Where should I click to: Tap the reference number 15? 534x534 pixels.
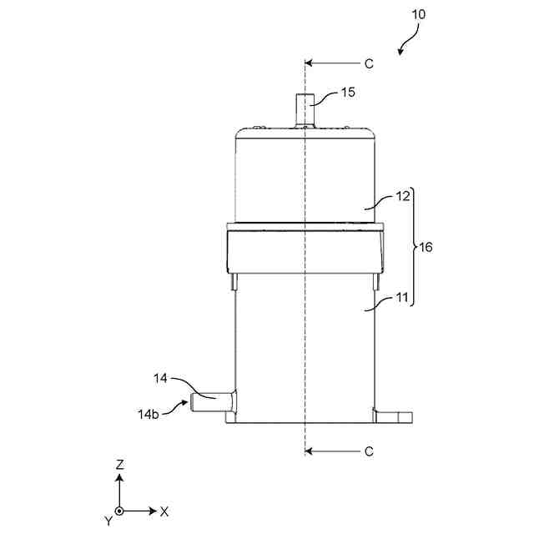click(x=348, y=92)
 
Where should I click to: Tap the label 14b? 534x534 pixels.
click(x=148, y=412)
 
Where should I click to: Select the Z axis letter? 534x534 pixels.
click(x=120, y=463)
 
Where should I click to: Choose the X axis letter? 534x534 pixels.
click(x=164, y=511)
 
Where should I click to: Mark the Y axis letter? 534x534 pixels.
click(x=108, y=521)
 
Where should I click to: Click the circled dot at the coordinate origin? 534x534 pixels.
click(x=120, y=511)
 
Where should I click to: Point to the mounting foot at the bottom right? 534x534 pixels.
click(x=395, y=415)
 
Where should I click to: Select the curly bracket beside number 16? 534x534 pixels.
click(x=416, y=248)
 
